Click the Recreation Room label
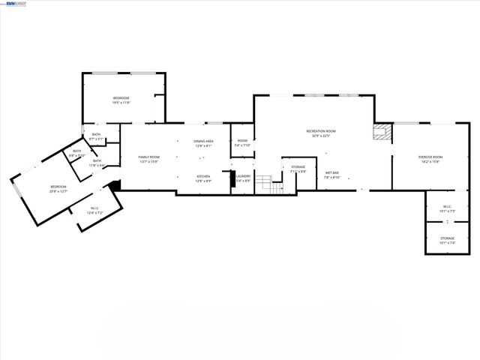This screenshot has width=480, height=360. pos(320,131)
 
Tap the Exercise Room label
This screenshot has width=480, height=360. pos(429,157)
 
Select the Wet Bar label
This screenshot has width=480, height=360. pos(331,173)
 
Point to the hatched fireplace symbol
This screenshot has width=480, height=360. pos(382,132)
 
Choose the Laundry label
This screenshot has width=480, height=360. pos(243,177)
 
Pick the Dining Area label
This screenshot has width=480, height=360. pos(204,141)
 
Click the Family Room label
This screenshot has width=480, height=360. pos(149,157)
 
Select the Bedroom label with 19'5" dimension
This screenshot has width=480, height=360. pos(121,98)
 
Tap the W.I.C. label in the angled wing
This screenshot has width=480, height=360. pos(95,208)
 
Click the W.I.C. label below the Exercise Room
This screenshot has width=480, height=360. pos(447,206)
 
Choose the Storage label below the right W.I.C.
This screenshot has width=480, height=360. pos(447,238)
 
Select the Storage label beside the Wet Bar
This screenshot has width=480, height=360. pos(298,166)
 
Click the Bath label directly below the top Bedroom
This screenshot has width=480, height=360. pos(96,134)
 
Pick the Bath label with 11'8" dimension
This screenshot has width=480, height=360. pos(97,160)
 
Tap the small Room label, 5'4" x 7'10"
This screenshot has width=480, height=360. pos(243,141)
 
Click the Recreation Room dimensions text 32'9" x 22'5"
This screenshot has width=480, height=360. pos(320,136)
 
